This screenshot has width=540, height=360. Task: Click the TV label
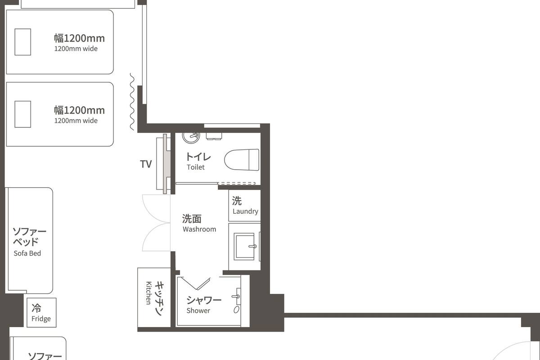click(146, 164)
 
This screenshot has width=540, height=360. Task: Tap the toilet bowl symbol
click(242, 160)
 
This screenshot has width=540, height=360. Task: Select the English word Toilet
click(196, 167)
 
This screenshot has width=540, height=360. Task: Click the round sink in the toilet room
click(191, 136)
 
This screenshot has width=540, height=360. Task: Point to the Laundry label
click(245, 211)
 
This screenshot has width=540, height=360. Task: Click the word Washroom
click(199, 229)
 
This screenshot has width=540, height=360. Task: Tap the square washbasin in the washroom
click(246, 246)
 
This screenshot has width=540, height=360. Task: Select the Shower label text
click(198, 311)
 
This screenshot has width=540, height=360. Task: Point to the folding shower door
click(196, 283)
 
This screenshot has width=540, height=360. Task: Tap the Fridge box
click(41, 313)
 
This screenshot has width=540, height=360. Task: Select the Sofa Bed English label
click(27, 253)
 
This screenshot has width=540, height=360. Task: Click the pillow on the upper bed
click(23, 42)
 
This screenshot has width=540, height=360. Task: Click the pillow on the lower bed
click(23, 114)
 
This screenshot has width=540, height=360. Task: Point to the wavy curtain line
click(132, 102)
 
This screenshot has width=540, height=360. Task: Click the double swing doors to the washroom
click(156, 223)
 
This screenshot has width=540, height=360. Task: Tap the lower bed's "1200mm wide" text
click(76, 121)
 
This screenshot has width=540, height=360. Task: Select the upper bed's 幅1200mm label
click(79, 38)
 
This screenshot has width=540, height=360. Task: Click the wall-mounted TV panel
click(162, 163)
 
